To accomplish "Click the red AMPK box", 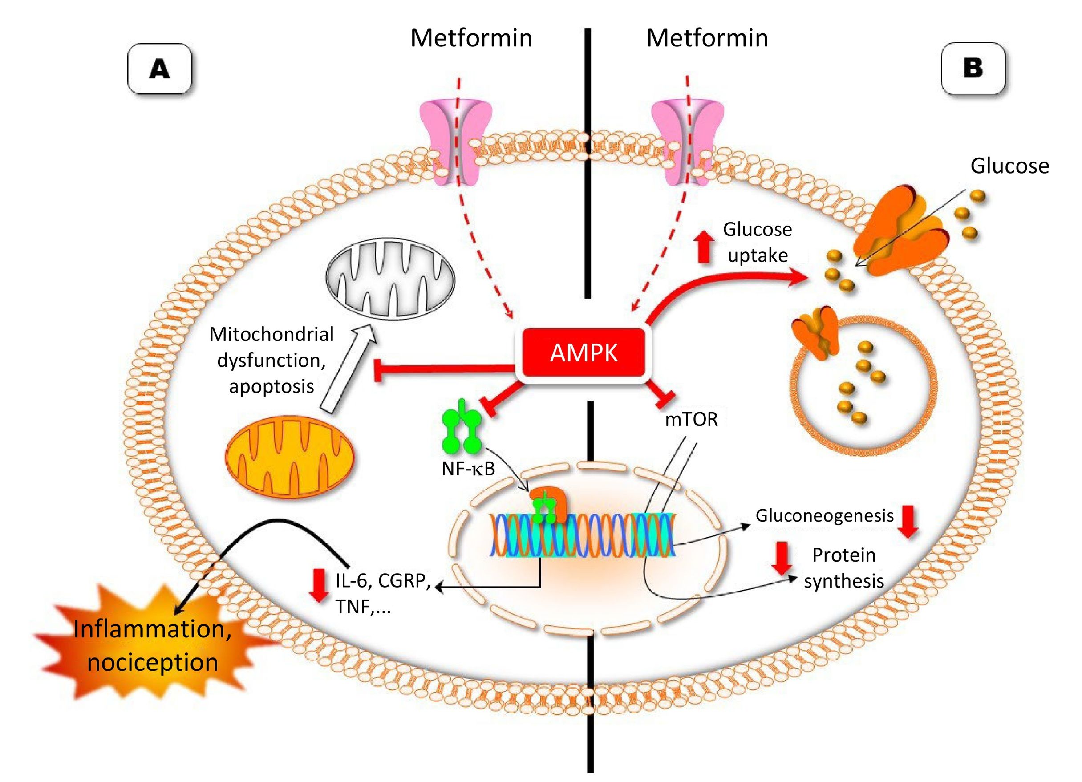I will pos(583,353).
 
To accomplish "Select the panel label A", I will pos(159,69).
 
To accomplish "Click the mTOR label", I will pos(691,419).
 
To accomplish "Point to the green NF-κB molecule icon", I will pos(460,428).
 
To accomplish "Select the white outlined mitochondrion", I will pos(390,279).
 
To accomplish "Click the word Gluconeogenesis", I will pos(824,516).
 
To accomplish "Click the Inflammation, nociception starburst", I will pos(153,645).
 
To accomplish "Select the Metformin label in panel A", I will pos(471,38).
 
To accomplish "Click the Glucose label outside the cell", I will pos(1009,166).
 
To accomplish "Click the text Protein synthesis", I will pos(843,568).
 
